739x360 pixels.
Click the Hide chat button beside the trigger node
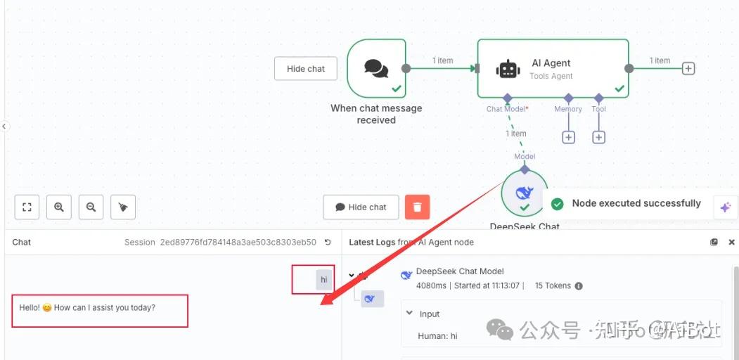(306, 69)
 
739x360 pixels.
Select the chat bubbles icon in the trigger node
(376, 67)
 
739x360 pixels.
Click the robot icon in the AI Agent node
(508, 68)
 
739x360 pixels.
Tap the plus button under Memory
(568, 137)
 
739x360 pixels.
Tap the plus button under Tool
(598, 137)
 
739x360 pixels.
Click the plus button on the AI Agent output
(688, 68)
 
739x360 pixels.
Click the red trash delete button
(417, 207)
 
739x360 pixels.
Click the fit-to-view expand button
(27, 207)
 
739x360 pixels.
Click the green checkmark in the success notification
(558, 204)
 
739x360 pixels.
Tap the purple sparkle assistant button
(725, 207)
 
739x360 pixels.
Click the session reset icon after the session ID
(328, 242)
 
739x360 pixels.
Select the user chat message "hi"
(323, 280)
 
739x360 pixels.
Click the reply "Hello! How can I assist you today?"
(87, 308)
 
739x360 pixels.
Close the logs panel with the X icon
(731, 242)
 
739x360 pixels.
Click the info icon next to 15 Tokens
(579, 286)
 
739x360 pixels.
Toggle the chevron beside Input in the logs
(410, 314)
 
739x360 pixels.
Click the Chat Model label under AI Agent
(507, 109)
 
